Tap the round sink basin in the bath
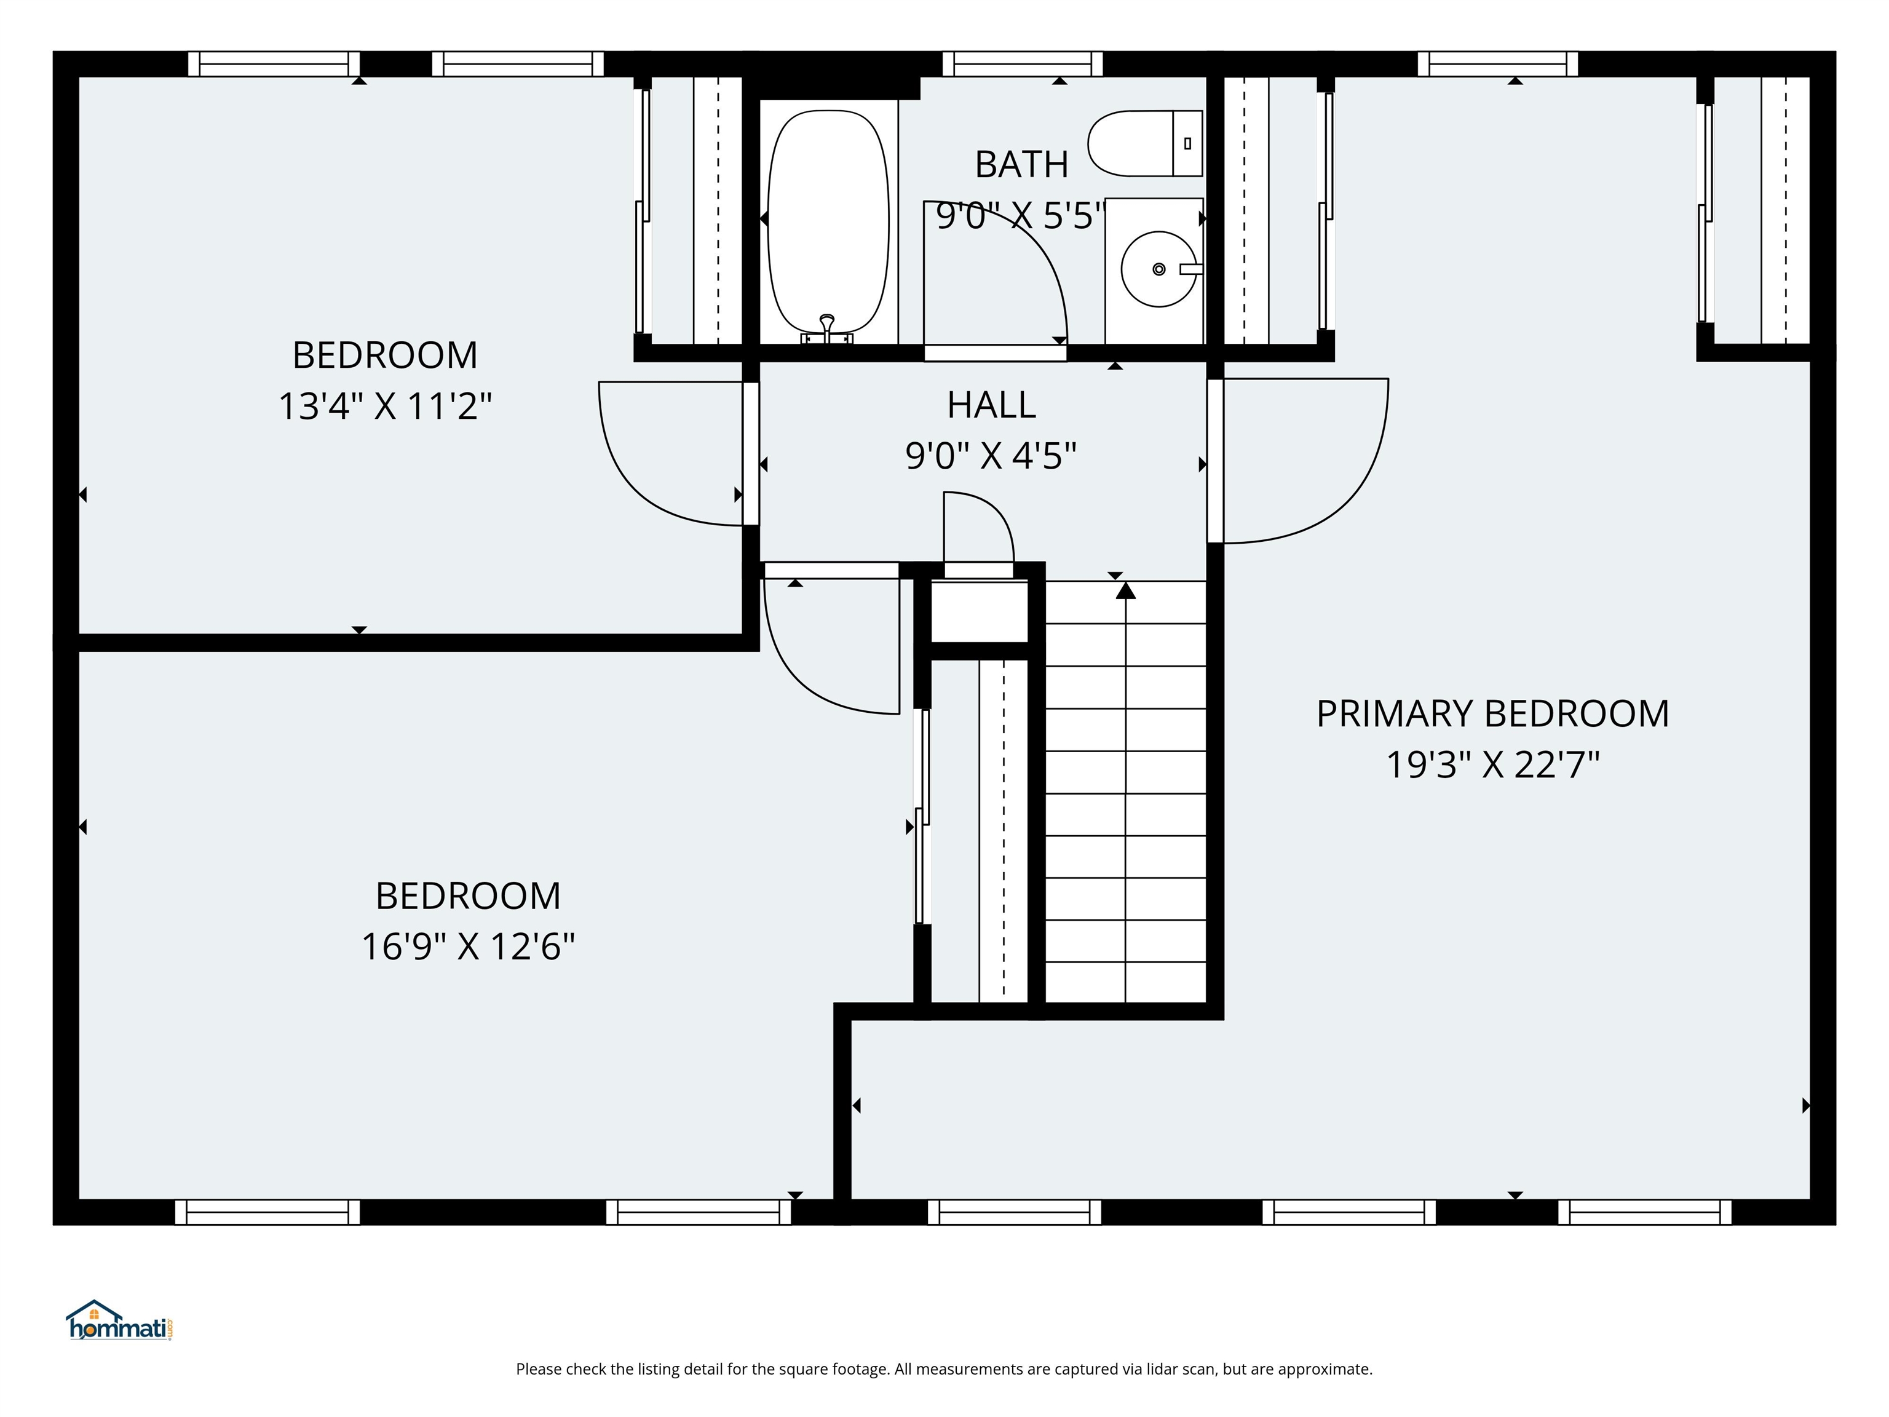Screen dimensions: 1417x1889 pos(1157,269)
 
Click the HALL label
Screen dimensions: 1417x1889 pos(991,405)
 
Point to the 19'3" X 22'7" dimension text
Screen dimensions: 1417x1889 pos(1491,764)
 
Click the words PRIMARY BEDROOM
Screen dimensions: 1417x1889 pos(1491,713)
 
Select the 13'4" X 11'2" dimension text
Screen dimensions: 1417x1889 pos(385,407)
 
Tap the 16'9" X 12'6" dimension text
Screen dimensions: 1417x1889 pos(468,947)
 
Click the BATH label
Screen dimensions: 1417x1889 pos(1021,165)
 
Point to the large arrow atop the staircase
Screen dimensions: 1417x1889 pos(1125,590)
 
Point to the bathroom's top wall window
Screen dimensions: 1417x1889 pos(1022,64)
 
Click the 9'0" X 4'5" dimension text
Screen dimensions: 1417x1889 pos(991,456)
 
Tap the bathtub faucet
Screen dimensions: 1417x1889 pos(826,327)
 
